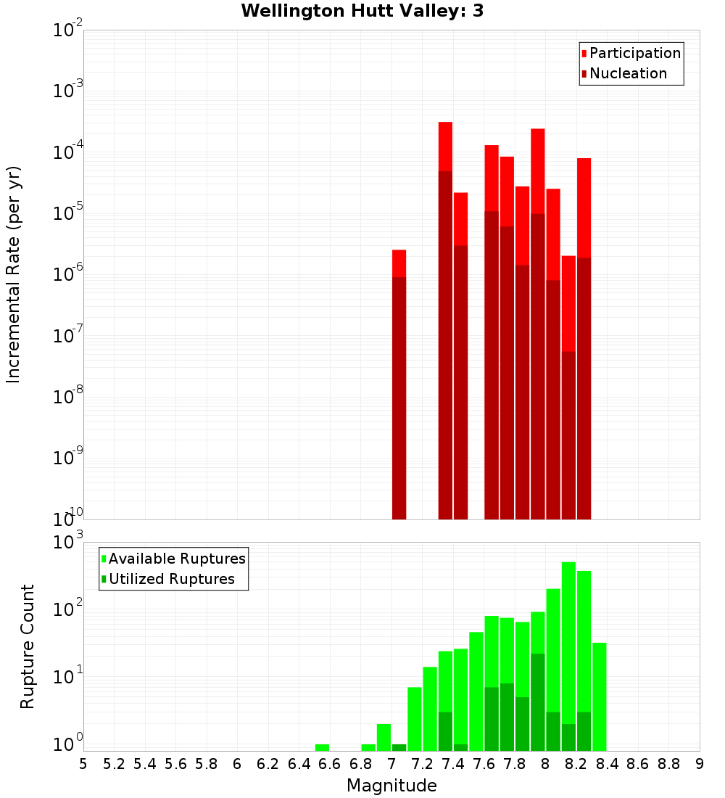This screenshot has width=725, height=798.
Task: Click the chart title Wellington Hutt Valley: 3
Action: (x=362, y=11)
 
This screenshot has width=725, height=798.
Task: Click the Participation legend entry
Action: (x=634, y=53)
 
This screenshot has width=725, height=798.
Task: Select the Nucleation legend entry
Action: (x=627, y=73)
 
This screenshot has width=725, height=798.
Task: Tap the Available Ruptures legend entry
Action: (x=176, y=559)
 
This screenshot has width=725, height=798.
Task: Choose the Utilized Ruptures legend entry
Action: (x=171, y=579)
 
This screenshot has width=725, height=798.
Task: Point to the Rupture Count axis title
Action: (x=28, y=646)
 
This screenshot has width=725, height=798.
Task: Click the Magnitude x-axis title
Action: (x=391, y=786)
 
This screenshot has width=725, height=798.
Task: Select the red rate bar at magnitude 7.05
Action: (x=399, y=384)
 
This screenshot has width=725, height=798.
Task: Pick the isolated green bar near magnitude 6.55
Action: (x=322, y=747)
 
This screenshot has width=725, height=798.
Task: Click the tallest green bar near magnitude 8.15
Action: (x=568, y=653)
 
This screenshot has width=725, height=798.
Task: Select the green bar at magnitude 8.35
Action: (x=599, y=696)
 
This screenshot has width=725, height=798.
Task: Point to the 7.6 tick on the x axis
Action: (x=484, y=764)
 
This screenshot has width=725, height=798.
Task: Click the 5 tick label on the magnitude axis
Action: (x=83, y=764)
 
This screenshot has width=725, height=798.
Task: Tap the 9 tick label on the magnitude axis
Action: (x=699, y=764)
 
